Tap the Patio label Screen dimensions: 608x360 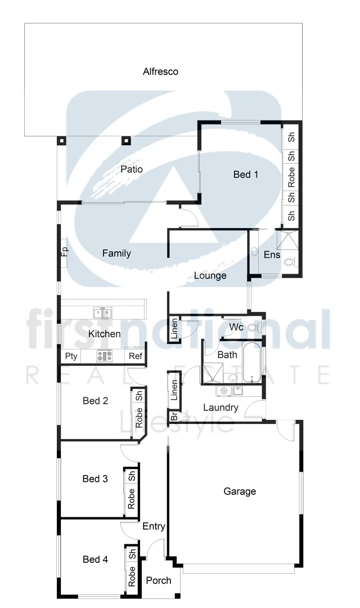(132, 169)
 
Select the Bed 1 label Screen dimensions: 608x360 (246, 175)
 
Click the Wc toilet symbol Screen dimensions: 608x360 (253, 327)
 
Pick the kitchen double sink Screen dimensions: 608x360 (102, 312)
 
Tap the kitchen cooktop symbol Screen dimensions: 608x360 (104, 356)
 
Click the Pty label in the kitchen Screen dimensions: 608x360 (71, 356)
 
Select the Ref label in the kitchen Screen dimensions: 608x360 (136, 356)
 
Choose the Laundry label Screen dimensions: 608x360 (220, 408)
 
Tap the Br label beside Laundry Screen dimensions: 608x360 (174, 417)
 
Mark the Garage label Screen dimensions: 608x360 (240, 491)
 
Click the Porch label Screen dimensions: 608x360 (159, 580)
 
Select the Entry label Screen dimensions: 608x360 (154, 527)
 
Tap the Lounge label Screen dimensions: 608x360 (210, 276)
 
